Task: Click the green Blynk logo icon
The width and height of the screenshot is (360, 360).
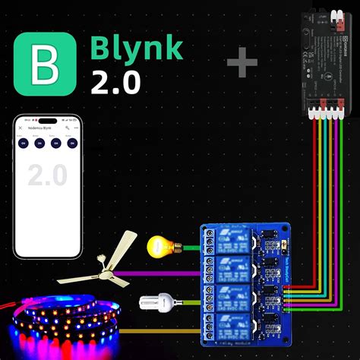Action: pyautogui.click(x=45, y=63)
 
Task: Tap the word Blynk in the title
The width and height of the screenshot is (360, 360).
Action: pyautogui.click(x=137, y=48)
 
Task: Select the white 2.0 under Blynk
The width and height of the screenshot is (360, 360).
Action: pyautogui.click(x=115, y=82)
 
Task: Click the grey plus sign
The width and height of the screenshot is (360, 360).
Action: pyautogui.click(x=242, y=64)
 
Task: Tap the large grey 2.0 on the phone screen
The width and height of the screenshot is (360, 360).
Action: pyautogui.click(x=48, y=175)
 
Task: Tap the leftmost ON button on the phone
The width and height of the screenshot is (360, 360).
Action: pyautogui.click(x=24, y=143)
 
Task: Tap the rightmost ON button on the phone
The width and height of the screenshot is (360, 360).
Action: pyautogui.click(x=72, y=143)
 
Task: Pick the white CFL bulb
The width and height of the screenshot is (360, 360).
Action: pyautogui.click(x=156, y=304)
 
